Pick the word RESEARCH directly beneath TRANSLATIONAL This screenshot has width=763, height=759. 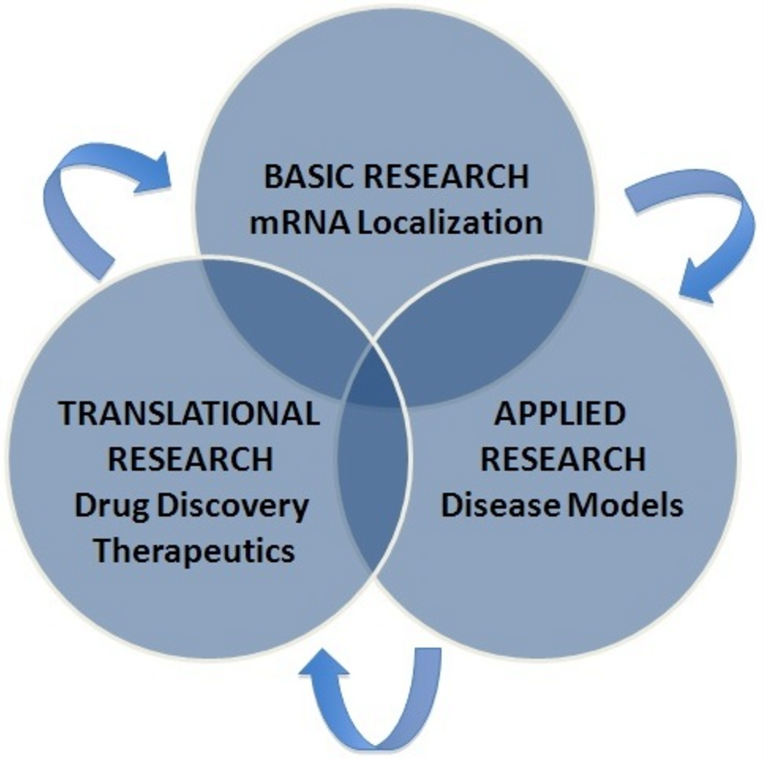point(190,458)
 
